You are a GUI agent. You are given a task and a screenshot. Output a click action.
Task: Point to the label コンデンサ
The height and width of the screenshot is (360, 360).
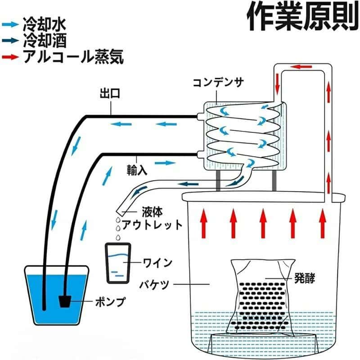(218, 83)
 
